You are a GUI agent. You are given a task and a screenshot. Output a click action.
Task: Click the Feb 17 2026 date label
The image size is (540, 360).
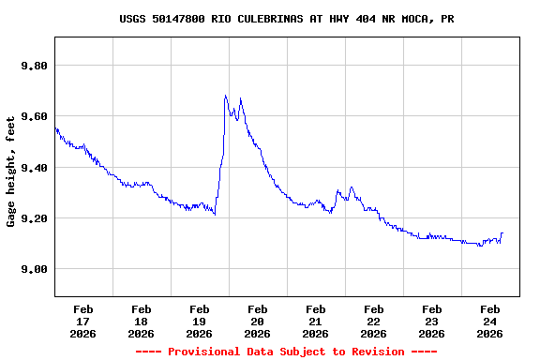83,321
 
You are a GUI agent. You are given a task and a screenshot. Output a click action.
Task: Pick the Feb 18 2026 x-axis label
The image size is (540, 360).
142,321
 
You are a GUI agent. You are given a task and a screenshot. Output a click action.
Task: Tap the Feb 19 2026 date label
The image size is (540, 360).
200,321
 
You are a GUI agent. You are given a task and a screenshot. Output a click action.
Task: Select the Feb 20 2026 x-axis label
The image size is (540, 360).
258,321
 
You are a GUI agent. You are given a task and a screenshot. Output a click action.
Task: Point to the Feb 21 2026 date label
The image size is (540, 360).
316,321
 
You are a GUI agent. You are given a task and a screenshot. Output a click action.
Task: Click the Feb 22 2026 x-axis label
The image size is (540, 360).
374,321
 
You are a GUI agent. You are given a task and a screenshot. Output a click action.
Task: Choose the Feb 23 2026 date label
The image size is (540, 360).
432,321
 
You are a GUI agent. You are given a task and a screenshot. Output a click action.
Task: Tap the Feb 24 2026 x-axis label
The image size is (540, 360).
490,321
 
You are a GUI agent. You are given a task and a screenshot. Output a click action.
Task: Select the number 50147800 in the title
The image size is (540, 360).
184,19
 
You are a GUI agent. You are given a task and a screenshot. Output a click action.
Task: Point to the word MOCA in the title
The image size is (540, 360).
405,19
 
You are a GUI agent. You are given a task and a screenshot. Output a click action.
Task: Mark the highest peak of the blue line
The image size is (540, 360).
226,96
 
